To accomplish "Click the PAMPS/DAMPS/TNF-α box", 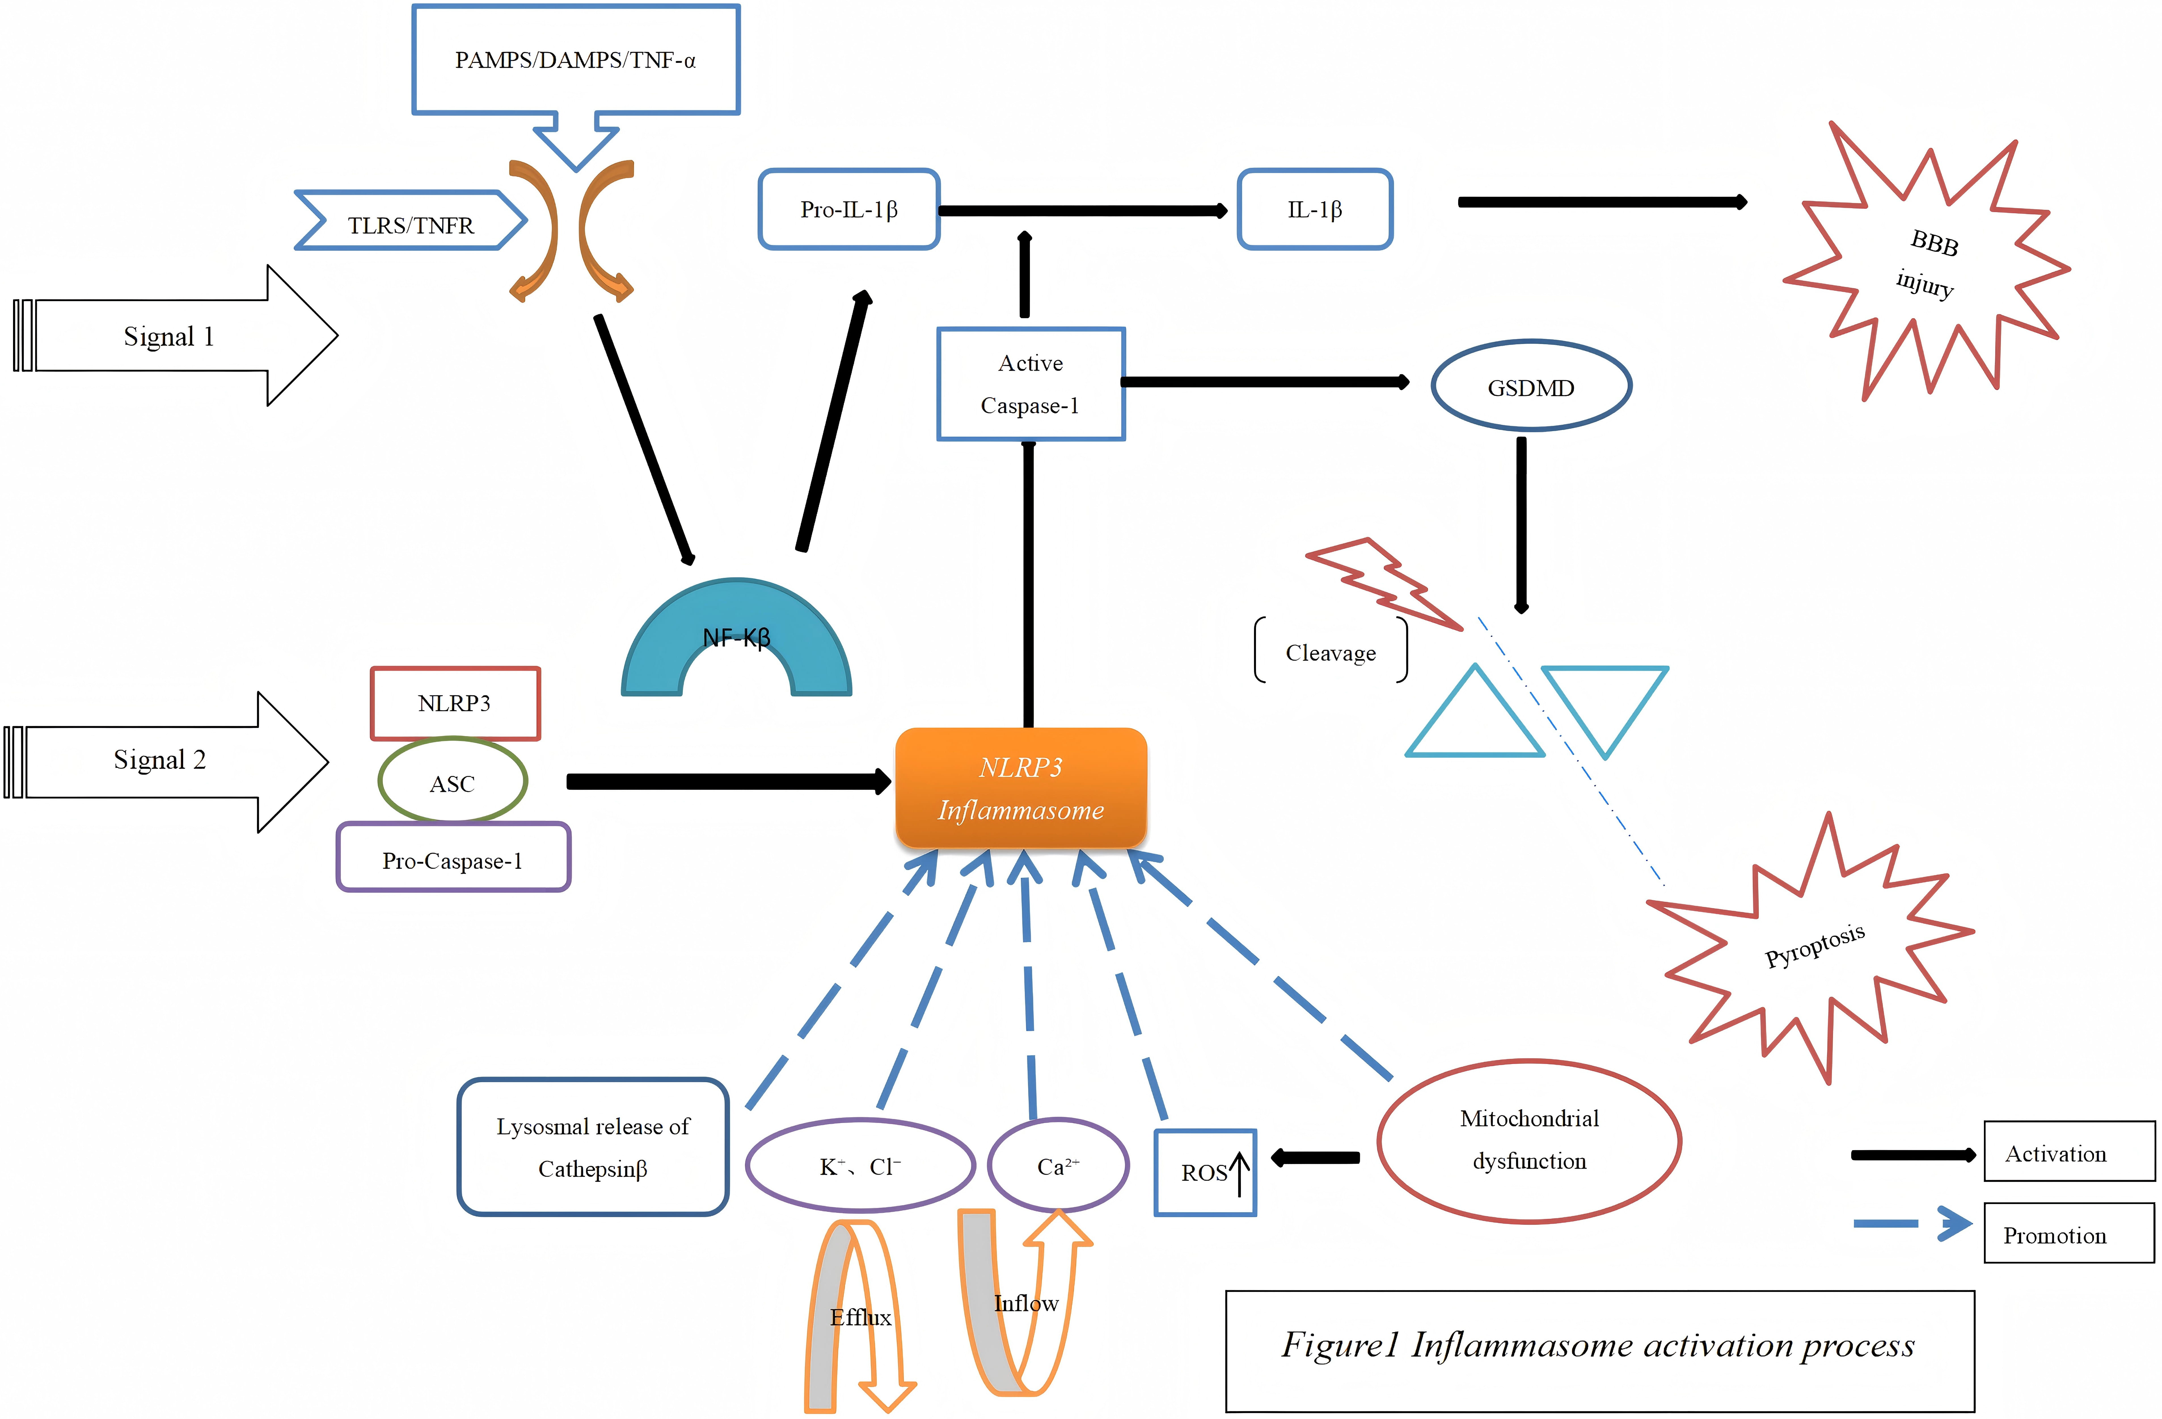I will click(x=576, y=60).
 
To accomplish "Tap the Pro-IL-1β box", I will click(x=848, y=209).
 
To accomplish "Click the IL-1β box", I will click(x=1314, y=209).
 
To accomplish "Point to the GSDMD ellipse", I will click(x=1531, y=386).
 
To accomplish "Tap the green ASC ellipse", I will click(x=452, y=781).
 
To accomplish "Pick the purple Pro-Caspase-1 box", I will click(x=452, y=858).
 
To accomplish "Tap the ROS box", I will click(x=1205, y=1172).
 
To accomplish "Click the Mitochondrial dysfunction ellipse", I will click(x=1529, y=1140).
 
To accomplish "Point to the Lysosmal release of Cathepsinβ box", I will click(x=592, y=1146).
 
